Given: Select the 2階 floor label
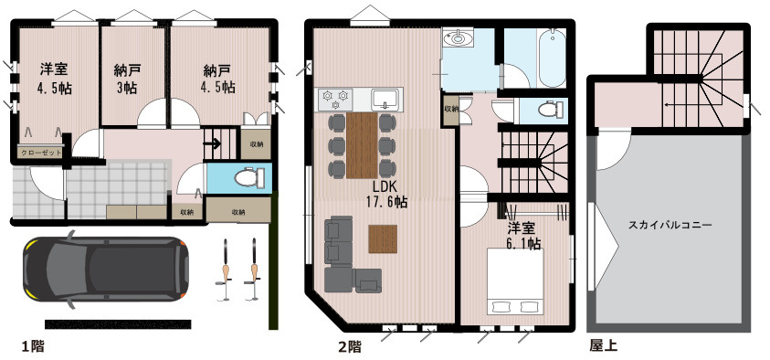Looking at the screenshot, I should [349, 346].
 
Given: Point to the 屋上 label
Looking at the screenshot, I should [602, 346].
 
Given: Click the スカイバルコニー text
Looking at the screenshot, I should [670, 224].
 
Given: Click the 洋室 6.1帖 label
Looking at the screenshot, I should [522, 237].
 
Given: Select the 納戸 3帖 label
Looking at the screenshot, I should [127, 79].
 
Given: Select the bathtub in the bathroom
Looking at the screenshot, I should [550, 57].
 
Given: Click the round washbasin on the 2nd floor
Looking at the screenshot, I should [457, 38].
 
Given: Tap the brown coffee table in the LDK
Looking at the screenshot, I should [384, 238].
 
